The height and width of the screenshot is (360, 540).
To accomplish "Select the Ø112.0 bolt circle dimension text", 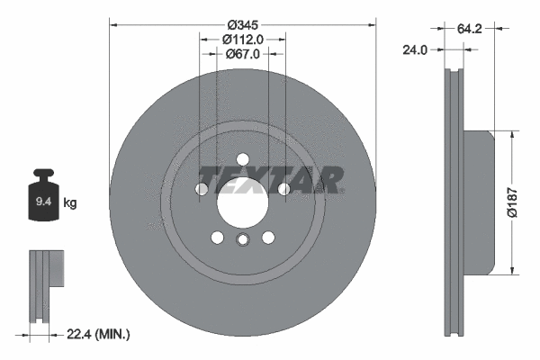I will point(242,39).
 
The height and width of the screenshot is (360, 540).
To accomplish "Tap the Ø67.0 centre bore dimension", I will point(242,54).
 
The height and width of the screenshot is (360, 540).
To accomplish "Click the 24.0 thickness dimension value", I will point(415,51).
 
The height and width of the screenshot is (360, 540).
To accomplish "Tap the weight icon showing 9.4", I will point(43,200).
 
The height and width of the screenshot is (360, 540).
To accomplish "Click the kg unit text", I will point(69,203).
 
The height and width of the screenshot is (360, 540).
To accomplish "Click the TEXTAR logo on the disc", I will point(271,180).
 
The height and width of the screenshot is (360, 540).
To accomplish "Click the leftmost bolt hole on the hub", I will point(202,190).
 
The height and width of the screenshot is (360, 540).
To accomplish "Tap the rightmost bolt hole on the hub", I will point(283,190).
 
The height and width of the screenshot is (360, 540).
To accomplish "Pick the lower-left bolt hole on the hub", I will point(217,238).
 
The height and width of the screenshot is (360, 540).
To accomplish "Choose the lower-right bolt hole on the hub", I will point(268,238).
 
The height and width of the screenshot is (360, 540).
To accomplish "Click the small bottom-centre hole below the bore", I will point(242,239).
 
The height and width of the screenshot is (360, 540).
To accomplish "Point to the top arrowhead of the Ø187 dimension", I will point(512,135).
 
